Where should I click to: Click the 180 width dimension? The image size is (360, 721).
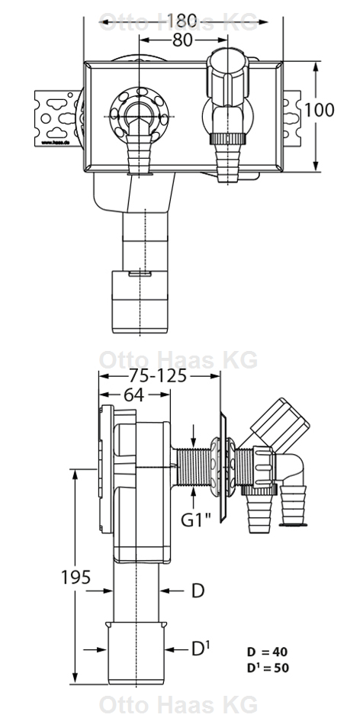[182, 18]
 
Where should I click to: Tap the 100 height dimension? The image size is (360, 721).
[320, 109]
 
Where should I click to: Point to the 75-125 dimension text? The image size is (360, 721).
[159, 375]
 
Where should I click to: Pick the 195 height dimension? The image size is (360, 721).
[76, 577]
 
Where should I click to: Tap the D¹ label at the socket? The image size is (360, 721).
[200, 649]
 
